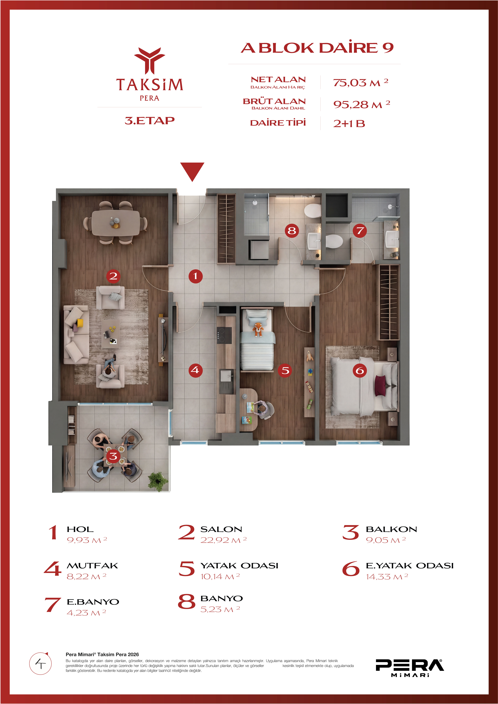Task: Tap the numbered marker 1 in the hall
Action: point(195,276)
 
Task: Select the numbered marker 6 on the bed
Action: point(360,370)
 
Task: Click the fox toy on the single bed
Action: point(258,329)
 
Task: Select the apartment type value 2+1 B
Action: point(349,124)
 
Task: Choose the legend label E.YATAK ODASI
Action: point(410,566)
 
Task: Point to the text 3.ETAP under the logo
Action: point(149,120)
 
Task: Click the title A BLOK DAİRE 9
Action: point(317,48)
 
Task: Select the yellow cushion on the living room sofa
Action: point(80,323)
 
